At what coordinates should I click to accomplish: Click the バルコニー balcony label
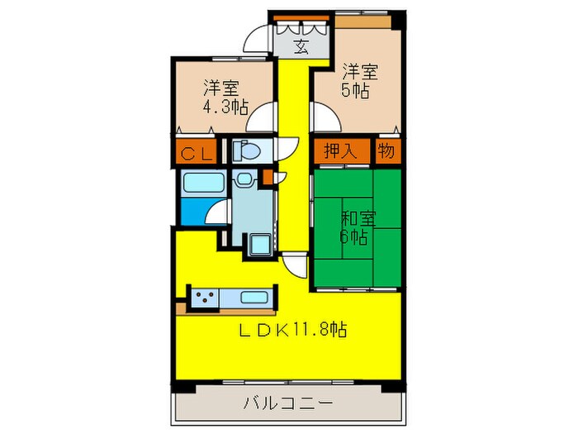pos(287,405)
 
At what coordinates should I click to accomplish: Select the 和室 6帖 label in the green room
pos(358,227)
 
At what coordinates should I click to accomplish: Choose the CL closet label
pos(197,153)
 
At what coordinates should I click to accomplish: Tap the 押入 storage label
pos(335,151)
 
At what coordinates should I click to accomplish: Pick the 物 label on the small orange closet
pos(386,151)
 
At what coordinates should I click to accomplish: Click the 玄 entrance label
pos(301,44)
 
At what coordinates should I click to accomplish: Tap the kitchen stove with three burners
pos(203,296)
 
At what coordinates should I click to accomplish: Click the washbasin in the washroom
pos(244,179)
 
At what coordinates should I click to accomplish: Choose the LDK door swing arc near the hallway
pos(294,266)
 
